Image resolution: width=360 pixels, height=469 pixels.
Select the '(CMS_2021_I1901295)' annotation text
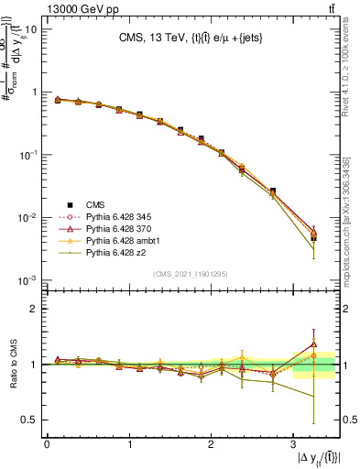click(x=192, y=274)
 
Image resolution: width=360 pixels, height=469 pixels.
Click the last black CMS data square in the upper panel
click(x=313, y=238)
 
